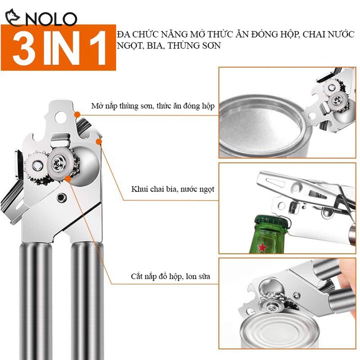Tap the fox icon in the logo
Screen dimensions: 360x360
(x=12, y=17)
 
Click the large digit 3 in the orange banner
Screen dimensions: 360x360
(x=24, y=48)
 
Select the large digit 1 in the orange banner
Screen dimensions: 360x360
(x=97, y=48)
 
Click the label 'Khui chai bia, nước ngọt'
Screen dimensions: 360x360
(x=172, y=189)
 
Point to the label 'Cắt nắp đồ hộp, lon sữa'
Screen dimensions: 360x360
(x=170, y=276)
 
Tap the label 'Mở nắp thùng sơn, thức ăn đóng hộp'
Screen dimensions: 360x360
(x=152, y=106)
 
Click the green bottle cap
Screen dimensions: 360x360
(x=272, y=221)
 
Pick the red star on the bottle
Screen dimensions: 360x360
(x=262, y=247)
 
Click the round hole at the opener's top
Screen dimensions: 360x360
(x=60, y=116)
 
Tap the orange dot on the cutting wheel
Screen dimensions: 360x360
(x=67, y=179)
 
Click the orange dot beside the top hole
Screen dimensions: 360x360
(x=77, y=114)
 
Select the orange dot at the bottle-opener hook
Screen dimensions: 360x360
(x=99, y=142)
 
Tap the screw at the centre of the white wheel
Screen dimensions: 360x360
(x=56, y=163)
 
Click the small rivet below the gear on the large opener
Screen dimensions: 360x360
(x=61, y=197)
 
